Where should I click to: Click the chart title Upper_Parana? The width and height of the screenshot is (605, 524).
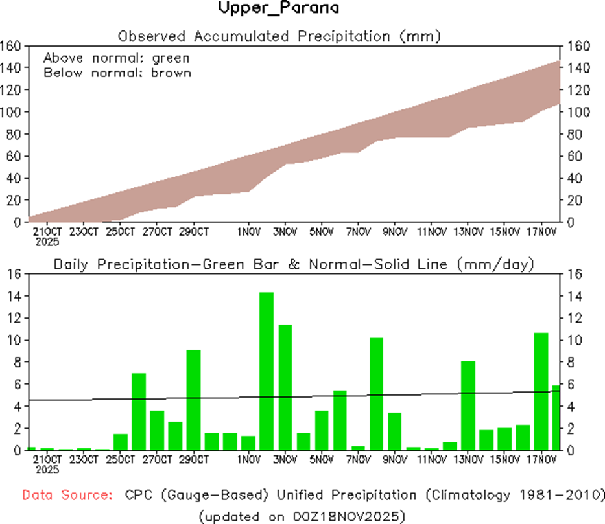click(278, 9)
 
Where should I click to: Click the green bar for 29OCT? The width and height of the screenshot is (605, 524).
click(193, 400)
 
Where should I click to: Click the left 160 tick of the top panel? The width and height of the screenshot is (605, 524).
click(12, 46)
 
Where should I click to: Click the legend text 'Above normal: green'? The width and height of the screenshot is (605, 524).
click(116, 58)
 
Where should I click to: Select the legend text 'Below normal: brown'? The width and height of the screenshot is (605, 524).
click(117, 73)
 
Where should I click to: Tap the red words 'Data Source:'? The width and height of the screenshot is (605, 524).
click(65, 496)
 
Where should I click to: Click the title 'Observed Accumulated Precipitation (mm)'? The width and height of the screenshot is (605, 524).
click(279, 36)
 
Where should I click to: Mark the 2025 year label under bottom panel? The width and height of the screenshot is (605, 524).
click(48, 469)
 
